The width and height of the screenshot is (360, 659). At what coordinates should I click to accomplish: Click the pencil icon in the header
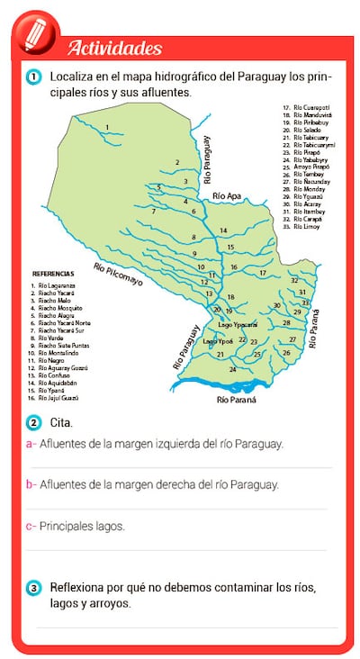point(35,34)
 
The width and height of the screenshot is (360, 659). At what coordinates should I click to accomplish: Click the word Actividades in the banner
point(114,48)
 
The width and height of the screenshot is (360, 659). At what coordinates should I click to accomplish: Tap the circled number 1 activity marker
point(33,77)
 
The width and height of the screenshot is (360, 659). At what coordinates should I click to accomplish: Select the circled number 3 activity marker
point(33,588)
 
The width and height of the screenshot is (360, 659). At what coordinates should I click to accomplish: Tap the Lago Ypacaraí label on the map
point(238,323)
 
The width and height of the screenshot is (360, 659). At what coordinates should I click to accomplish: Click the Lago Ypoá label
point(218,342)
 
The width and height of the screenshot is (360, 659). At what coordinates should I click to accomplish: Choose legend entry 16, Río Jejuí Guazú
point(55,397)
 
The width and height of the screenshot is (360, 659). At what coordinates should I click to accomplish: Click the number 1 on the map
point(107,127)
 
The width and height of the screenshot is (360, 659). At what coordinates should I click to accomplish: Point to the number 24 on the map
point(232,369)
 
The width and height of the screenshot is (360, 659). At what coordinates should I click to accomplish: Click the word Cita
point(61,422)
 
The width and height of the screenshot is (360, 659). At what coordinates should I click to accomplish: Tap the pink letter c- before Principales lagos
point(31,526)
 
